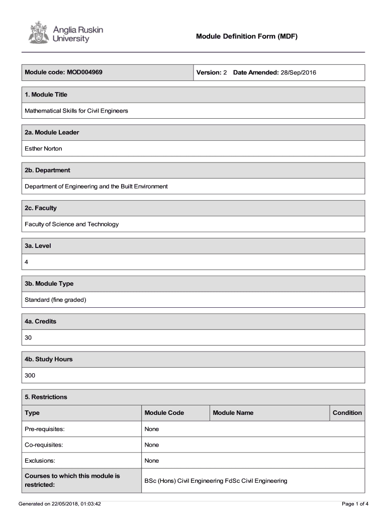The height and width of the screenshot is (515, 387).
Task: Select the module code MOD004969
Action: (84, 72)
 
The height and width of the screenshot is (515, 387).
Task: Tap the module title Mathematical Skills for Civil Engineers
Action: (76, 111)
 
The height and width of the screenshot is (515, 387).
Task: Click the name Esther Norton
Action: (44, 148)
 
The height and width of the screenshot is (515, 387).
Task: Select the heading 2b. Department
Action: (48, 170)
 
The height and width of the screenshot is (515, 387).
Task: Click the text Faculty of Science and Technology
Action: (72, 224)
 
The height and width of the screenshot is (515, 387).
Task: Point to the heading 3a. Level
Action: (38, 246)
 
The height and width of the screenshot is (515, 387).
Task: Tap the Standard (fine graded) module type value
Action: (56, 300)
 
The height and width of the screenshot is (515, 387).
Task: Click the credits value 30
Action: (28, 337)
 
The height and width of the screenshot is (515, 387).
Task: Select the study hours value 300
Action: (30, 376)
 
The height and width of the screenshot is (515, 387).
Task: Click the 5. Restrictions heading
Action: (46, 397)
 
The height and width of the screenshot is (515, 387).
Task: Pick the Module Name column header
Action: (233, 413)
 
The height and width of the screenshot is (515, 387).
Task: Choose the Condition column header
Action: (347, 413)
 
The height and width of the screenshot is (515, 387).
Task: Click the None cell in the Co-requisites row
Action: (152, 445)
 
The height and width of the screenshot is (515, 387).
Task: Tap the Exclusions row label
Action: (40, 461)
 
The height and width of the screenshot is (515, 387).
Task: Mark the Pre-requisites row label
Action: (45, 429)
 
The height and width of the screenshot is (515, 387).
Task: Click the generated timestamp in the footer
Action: (59, 503)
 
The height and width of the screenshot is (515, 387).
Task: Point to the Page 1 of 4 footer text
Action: (355, 503)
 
